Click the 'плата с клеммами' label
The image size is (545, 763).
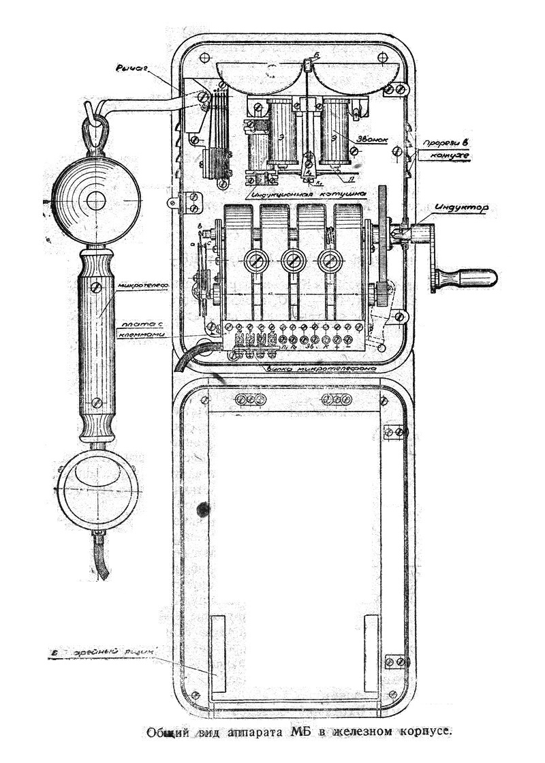click(x=141, y=330)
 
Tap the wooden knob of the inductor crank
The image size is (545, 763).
click(x=467, y=277)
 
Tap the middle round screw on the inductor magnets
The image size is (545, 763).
click(x=293, y=260)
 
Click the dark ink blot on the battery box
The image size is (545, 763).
click(x=202, y=508)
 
